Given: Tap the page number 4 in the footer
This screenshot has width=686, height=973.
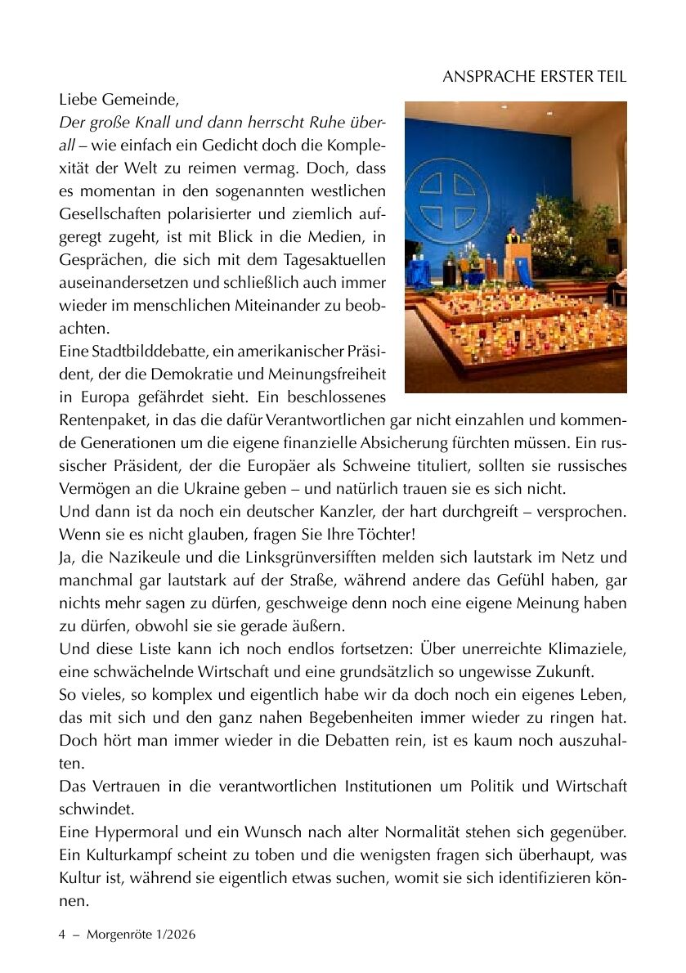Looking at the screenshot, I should [x=62, y=934].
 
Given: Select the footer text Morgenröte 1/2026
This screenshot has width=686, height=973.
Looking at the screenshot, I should [x=140, y=934].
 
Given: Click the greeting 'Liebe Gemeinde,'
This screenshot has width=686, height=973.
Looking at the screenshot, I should [x=118, y=100].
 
